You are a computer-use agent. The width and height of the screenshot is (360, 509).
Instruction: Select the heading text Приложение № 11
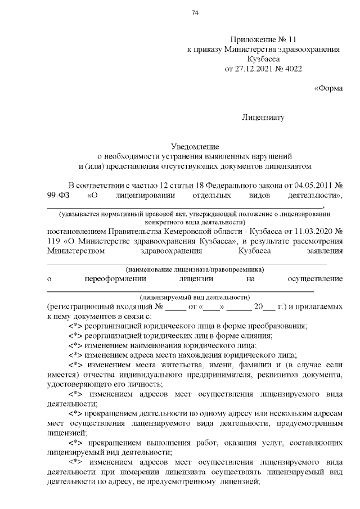tap(263, 39)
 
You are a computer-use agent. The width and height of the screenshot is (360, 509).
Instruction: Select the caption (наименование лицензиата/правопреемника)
tap(186, 269)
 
